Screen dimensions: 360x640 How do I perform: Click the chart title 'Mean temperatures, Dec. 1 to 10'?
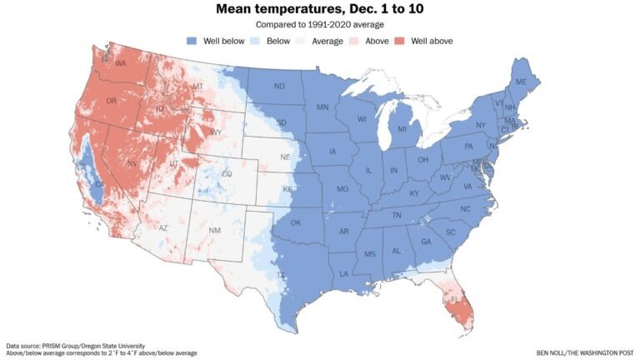click(319, 10)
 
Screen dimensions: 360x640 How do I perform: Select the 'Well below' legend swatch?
click(192, 41)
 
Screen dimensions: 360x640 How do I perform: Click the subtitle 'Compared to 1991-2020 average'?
click(319, 25)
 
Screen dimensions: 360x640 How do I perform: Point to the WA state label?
click(120, 63)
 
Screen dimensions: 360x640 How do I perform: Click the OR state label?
click(111, 102)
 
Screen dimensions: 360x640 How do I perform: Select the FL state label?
click(456, 298)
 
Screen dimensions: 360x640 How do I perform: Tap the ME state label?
click(521, 82)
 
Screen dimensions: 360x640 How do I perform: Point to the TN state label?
click(397, 215)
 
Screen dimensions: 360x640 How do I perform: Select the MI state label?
click(402, 129)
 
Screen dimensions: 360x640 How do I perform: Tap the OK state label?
click(295, 222)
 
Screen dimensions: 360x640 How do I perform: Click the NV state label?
click(131, 165)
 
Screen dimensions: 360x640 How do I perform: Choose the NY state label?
click(481, 125)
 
